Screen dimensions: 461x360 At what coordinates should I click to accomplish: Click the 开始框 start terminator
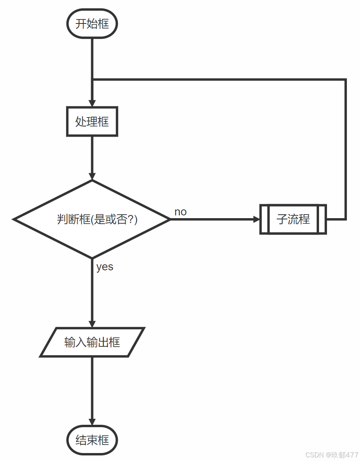(x=92, y=24)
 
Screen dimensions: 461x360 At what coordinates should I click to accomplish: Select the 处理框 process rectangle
(x=92, y=121)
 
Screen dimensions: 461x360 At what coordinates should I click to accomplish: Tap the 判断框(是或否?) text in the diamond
(x=97, y=219)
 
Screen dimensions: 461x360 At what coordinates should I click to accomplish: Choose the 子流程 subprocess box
(x=293, y=219)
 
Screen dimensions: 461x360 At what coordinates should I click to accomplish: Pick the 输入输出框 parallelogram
(x=92, y=342)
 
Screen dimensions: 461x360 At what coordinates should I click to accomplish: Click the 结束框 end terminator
(x=92, y=440)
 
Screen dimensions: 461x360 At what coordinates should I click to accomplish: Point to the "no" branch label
(x=180, y=212)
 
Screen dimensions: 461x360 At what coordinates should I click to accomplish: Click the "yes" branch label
(x=105, y=267)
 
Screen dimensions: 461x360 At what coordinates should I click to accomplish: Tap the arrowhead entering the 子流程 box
(x=257, y=219)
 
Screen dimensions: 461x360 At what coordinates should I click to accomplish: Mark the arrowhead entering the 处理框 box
(x=92, y=104)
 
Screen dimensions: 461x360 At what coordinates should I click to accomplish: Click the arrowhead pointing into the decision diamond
(x=92, y=176)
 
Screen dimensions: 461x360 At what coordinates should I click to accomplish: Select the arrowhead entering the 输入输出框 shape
(x=92, y=324)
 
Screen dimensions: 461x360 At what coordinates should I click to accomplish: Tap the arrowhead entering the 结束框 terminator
(x=92, y=422)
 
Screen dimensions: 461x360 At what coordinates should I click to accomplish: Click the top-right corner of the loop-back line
(x=345, y=80)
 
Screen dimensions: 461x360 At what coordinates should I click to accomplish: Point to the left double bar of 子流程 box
(x=265, y=219)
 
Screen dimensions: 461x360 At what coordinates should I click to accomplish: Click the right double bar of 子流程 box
(x=322, y=219)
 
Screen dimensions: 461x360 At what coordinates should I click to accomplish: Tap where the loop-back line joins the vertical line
(x=92, y=80)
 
